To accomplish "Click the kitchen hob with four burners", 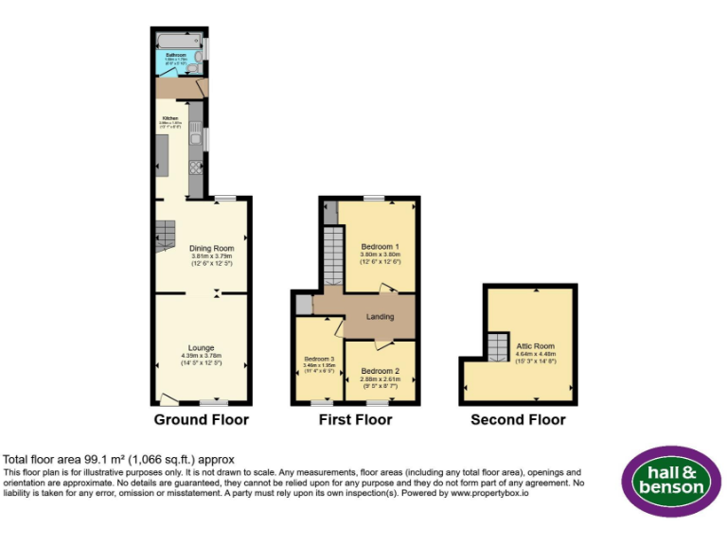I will tap(196, 167).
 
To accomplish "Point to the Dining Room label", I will tap(211, 248).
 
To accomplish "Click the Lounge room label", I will tap(201, 347).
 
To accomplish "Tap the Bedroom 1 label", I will tap(380, 247).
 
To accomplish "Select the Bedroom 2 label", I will tap(380, 370).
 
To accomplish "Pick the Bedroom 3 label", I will tap(319, 359).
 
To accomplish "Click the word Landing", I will tap(380, 316).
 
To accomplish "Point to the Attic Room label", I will tap(535, 346).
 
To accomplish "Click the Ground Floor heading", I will tap(202, 419).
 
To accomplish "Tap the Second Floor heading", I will tap(518, 419).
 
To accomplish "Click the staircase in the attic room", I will tap(497, 346).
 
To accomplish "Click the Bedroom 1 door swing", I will tap(387, 289).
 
